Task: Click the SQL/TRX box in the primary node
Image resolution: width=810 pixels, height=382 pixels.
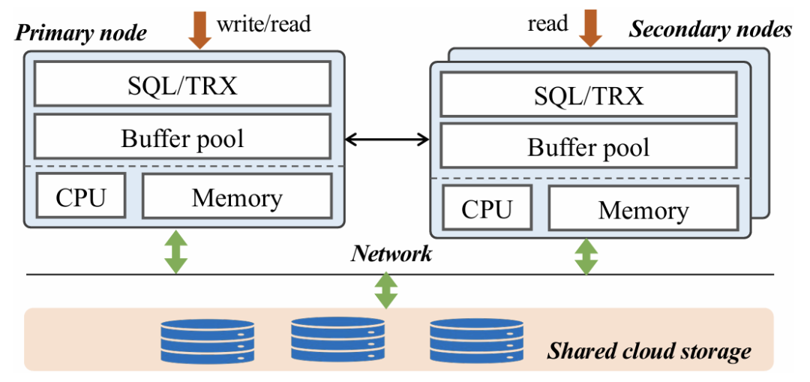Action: click(x=182, y=84)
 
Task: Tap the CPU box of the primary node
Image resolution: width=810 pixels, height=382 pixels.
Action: click(x=81, y=197)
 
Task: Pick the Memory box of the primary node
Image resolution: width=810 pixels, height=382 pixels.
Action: click(x=236, y=197)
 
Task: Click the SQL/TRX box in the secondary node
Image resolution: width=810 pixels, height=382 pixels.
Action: click(x=589, y=96)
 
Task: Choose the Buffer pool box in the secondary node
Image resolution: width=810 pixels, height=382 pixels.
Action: click(x=589, y=146)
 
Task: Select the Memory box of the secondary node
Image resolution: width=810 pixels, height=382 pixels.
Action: click(x=643, y=209)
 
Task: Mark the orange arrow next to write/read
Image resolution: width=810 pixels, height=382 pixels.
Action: click(x=200, y=29)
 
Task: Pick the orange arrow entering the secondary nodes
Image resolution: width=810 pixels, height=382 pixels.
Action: click(x=590, y=29)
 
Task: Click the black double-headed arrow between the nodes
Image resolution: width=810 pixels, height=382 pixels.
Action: click(x=386, y=138)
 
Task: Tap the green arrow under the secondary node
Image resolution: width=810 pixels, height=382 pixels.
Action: click(x=585, y=256)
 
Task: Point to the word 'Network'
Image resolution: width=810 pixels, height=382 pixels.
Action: click(x=391, y=254)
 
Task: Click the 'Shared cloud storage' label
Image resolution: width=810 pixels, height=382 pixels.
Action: click(x=649, y=350)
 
